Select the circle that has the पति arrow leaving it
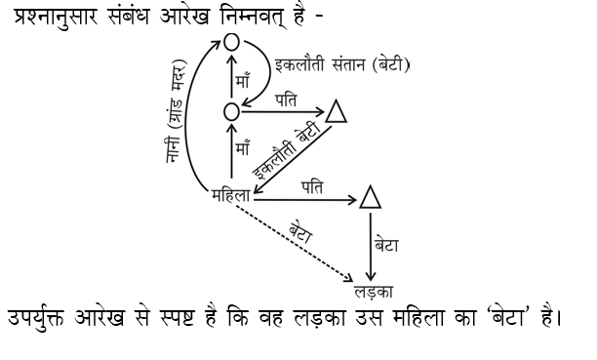pyautogui.click(x=231, y=112)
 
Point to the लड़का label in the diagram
pyautogui.click(x=372, y=291)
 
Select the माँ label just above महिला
pyautogui.click(x=246, y=151)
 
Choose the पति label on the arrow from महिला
pyautogui.click(x=313, y=184)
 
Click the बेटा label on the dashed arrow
pyautogui.click(x=301, y=233)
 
